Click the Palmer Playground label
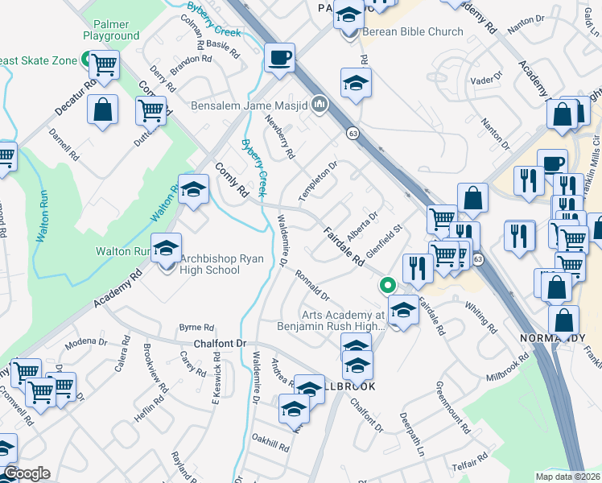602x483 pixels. [111, 31]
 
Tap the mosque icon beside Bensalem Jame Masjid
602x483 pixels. [320, 104]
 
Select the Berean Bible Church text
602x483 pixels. [413, 31]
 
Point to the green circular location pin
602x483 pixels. [387, 285]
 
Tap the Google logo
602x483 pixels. [26, 473]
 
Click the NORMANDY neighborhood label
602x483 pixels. [552, 337]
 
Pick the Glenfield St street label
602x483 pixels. [383, 242]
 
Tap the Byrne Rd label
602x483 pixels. [196, 328]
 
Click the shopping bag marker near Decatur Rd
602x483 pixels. [103, 111]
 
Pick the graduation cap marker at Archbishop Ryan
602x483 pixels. [167, 247]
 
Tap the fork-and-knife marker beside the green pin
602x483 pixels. [417, 267]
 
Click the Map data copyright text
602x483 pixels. [568, 477]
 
